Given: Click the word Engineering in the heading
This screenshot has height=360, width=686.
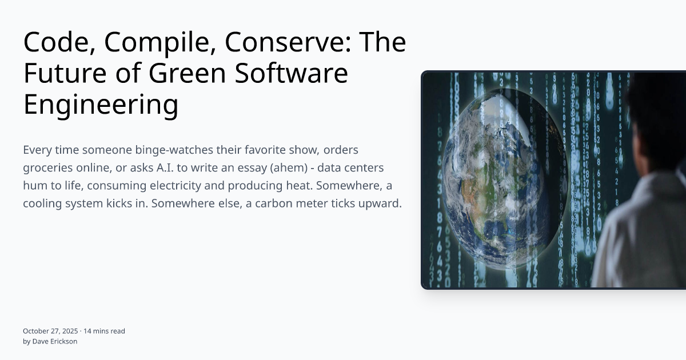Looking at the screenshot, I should [x=101, y=105].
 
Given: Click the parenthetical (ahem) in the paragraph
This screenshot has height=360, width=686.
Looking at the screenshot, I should [x=306, y=168].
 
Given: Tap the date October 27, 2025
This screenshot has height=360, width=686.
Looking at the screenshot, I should [x=50, y=331].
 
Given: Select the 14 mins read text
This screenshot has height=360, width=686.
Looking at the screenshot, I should [x=105, y=331].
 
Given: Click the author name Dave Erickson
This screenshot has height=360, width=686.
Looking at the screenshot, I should [x=54, y=341].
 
